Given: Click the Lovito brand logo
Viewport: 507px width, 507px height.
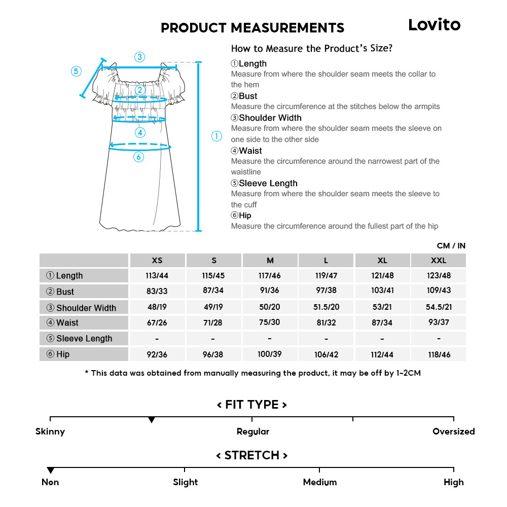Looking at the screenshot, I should coord(434,25).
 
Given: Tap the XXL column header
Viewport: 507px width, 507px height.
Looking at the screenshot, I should coord(439,261).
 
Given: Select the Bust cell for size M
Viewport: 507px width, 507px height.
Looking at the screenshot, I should coord(270,291).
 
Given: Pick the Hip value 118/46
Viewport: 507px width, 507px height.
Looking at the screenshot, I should coord(439,354).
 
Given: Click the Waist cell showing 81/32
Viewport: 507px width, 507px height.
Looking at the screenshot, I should coord(326,322).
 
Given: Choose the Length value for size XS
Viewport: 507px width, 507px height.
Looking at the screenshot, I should coord(157,275).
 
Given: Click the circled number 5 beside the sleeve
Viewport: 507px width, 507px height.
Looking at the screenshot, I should coord(76,71).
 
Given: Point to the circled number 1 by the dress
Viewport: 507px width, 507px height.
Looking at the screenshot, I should coord(216,136).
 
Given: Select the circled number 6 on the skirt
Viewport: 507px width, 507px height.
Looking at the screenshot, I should coord(139,157).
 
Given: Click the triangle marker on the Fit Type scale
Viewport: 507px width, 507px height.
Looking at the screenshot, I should coord(151,420).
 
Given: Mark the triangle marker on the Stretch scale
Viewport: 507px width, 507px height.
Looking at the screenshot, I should coord(50,470).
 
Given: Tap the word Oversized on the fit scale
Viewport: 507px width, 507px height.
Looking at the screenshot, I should coord(453,431).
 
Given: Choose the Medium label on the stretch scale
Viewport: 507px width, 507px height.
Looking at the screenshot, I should coord(319,482).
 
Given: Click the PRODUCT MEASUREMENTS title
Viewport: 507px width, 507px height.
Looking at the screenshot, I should coord(252,28).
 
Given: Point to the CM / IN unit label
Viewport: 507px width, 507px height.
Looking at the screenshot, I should coord(451,246).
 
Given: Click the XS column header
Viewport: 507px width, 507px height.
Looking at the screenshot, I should coord(157,261).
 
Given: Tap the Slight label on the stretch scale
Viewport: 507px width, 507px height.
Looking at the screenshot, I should coord(186,482).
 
